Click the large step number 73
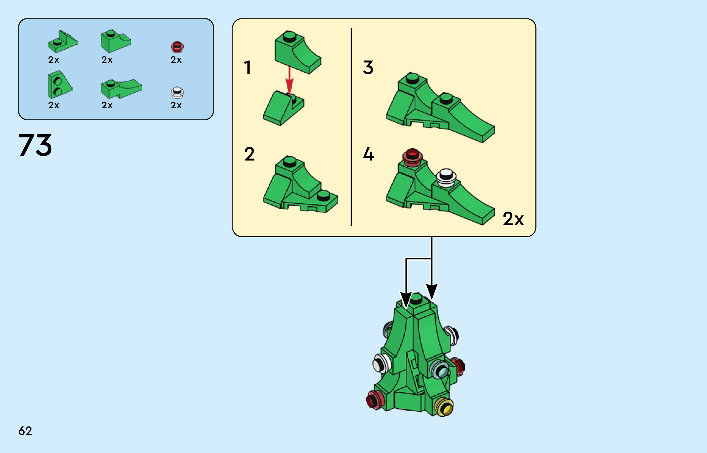(35, 145)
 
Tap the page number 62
(25, 431)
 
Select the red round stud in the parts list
(177, 47)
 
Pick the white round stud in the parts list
(177, 93)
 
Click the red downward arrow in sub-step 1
(289, 80)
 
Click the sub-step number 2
(249, 154)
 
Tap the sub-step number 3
(368, 67)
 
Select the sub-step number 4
(368, 154)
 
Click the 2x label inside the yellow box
(513, 219)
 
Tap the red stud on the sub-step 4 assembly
(412, 157)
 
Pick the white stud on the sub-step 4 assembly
(446, 177)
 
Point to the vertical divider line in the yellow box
(351, 127)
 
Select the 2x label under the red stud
(176, 60)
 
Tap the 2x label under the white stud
(176, 105)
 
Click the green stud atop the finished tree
(416, 298)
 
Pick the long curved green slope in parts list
(121, 89)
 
